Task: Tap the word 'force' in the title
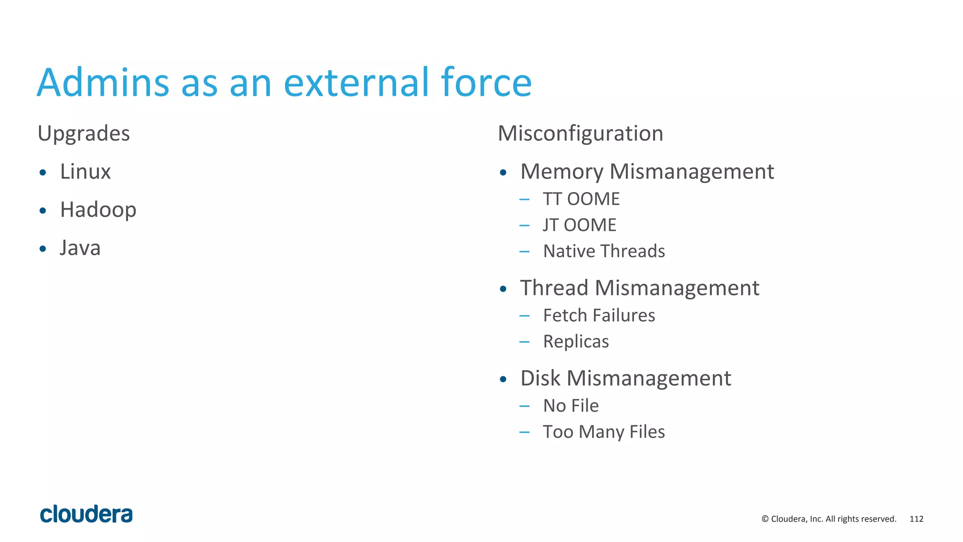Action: point(486,83)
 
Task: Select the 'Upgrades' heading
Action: point(84,134)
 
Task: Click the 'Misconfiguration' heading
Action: point(580,134)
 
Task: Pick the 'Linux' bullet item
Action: point(85,172)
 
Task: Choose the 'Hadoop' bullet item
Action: point(98,210)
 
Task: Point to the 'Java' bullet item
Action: point(80,248)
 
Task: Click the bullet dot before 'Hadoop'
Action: point(43,211)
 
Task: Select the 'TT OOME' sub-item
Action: point(581,199)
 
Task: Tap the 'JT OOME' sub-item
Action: point(579,225)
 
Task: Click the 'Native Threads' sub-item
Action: point(604,251)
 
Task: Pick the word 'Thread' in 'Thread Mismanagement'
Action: point(553,288)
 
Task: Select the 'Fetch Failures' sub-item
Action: point(599,316)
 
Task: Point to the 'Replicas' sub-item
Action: point(576,342)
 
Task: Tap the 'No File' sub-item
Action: point(571,406)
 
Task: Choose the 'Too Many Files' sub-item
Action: point(604,432)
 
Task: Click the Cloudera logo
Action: point(87,514)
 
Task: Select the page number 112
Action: point(916,519)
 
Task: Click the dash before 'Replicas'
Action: point(524,342)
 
